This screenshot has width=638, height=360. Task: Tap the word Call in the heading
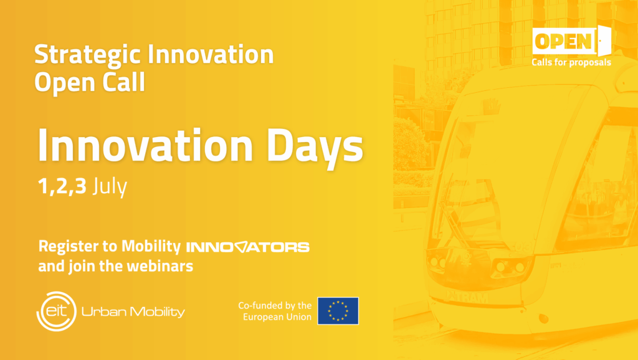[x=124, y=82]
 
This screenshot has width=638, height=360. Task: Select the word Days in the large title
[x=315, y=146]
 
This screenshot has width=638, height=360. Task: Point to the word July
[x=110, y=187]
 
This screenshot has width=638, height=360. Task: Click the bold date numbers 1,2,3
[x=62, y=186]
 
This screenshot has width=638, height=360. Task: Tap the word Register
[x=69, y=247]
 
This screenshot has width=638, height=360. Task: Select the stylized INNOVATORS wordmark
[x=248, y=247]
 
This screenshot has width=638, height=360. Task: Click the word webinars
[x=160, y=266]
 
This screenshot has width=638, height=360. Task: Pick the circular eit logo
[x=57, y=311]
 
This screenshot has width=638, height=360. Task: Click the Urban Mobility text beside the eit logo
[x=133, y=312]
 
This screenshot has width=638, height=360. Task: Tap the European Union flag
[x=338, y=311]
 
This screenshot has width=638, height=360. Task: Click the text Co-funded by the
[x=275, y=305]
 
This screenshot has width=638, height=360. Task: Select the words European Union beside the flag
[x=277, y=317]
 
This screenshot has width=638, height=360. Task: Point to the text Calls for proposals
[x=571, y=63]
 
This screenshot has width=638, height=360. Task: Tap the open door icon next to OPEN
[x=604, y=40]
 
